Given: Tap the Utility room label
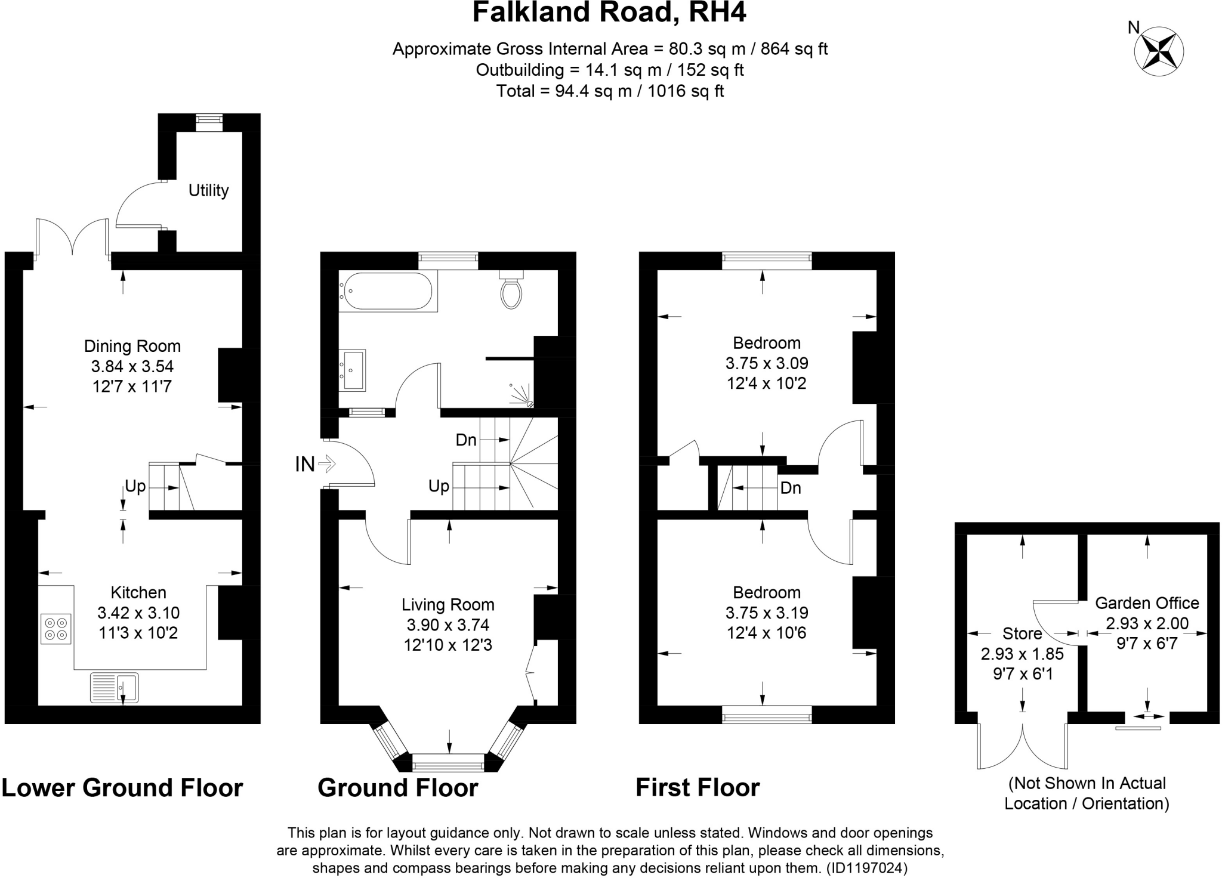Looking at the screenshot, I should point(208,190).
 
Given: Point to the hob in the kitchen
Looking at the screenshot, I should point(56,629).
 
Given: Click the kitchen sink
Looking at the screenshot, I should point(115,687).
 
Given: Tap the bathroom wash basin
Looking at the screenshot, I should point(352,370).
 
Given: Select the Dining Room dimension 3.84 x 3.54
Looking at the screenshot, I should point(132,366).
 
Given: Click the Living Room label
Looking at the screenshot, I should point(448,605).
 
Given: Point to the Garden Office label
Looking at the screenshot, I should point(1146,603).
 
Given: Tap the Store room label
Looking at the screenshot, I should point(1022,633).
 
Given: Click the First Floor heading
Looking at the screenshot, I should point(697,787).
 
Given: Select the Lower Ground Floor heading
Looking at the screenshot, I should point(122,787).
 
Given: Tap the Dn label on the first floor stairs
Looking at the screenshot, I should point(790,488).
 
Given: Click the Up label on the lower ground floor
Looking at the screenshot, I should point(135,487).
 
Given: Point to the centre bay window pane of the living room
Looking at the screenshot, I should point(448,762).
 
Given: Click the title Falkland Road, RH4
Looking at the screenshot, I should point(609,13).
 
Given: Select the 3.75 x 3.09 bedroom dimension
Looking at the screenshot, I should point(766,363).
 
